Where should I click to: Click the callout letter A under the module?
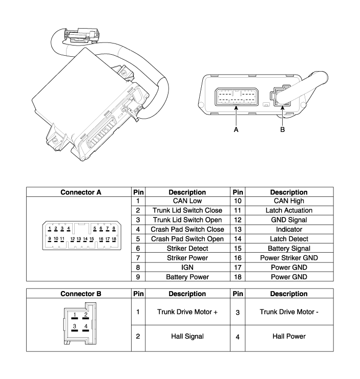(236, 130)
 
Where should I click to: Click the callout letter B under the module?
(282, 130)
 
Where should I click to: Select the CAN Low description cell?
(187, 202)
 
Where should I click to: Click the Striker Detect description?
(187, 249)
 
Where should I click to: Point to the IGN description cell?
(187, 267)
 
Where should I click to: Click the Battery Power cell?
(187, 277)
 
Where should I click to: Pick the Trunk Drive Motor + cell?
(187, 312)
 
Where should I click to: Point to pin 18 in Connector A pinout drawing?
(114, 239)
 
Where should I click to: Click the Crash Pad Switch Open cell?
(187, 239)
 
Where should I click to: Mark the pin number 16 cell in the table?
(238, 258)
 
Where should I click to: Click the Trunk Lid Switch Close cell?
(187, 211)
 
